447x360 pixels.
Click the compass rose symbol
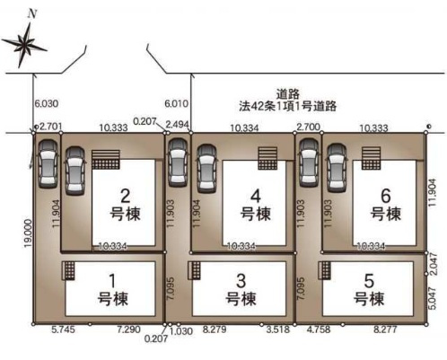25,41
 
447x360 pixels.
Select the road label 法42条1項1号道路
287,106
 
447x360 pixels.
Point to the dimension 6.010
177,103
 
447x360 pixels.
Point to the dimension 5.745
64,331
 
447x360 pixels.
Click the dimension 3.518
279,331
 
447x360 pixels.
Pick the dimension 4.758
320,331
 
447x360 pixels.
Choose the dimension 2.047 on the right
434,265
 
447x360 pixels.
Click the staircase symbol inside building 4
267,158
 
